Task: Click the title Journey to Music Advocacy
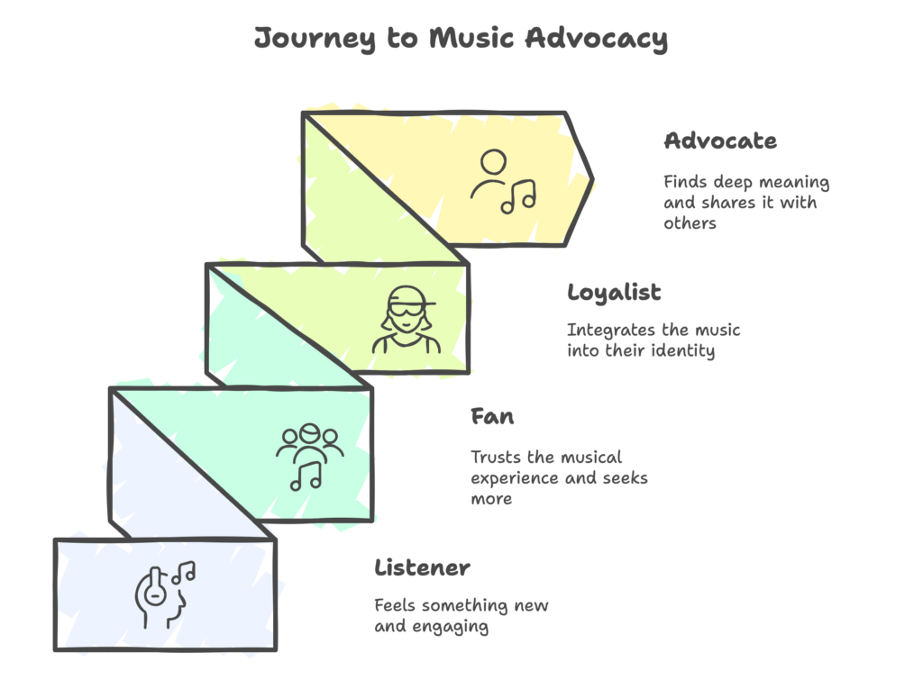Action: tap(461, 39)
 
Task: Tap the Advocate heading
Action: tap(719, 141)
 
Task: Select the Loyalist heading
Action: tap(614, 293)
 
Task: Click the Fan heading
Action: tap(492, 417)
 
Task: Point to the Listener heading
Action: tap(422, 568)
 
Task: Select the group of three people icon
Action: tap(310, 457)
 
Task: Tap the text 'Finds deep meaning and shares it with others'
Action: tap(745, 203)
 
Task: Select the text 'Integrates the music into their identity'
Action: tap(653, 340)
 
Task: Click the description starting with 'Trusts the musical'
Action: tap(559, 477)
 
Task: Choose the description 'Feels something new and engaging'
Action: tap(461, 615)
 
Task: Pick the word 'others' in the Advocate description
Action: tap(690, 223)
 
